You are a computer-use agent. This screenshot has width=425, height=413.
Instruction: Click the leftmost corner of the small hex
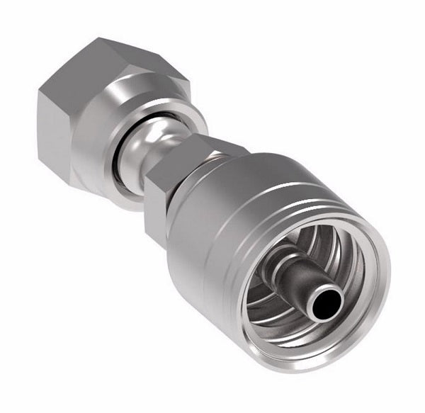click(x=144, y=181)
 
